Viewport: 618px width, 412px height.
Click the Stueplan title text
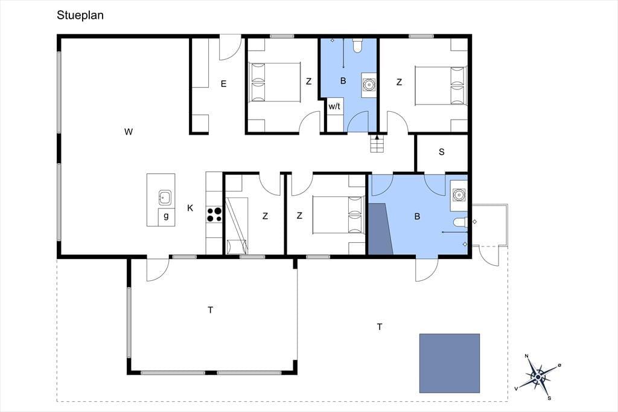click(80, 15)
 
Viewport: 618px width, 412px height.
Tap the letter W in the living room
click(129, 132)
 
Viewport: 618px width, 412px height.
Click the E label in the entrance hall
click(223, 83)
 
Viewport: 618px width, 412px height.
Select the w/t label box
click(334, 106)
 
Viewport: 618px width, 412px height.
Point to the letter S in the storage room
click(441, 152)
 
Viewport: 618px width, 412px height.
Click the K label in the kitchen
click(190, 208)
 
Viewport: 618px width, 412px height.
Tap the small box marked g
click(167, 217)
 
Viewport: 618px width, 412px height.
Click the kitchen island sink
click(165, 198)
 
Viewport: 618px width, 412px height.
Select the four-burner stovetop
click(214, 214)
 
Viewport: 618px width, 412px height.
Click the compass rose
click(538, 377)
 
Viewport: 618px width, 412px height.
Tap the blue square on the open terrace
click(449, 363)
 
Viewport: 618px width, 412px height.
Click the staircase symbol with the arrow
click(377, 144)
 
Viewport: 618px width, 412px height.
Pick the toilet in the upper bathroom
click(357, 45)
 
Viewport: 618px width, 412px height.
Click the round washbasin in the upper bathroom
click(369, 85)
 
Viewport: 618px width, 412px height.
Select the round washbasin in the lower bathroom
click(459, 194)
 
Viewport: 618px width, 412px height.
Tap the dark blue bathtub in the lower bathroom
click(380, 229)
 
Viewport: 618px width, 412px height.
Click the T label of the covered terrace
click(211, 310)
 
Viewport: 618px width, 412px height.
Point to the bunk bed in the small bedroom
click(237, 226)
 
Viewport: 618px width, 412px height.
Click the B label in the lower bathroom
click(417, 216)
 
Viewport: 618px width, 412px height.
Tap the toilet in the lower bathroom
click(460, 222)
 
